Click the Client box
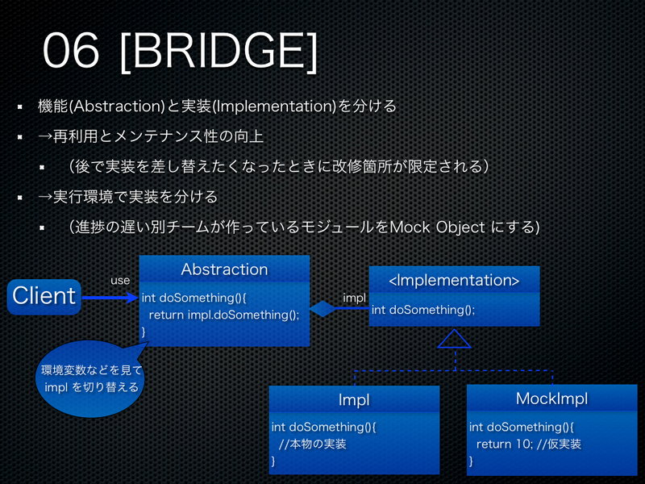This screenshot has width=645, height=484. [x=44, y=296]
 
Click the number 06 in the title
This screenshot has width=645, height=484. [x=71, y=52]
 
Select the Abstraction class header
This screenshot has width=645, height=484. [x=224, y=269]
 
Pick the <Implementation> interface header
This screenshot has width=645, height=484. [x=454, y=280]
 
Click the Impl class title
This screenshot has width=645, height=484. [x=353, y=399]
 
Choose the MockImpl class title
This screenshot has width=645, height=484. [x=551, y=398]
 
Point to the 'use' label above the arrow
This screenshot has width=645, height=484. [x=120, y=280]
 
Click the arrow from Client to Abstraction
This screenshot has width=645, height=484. [x=110, y=297]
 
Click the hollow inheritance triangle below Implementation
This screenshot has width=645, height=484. [x=454, y=339]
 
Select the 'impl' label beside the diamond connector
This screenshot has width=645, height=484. [x=354, y=298]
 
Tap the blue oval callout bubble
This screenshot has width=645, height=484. [x=90, y=379]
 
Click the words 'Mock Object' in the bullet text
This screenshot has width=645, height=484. [x=436, y=227]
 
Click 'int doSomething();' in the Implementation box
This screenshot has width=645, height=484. [x=423, y=310]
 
